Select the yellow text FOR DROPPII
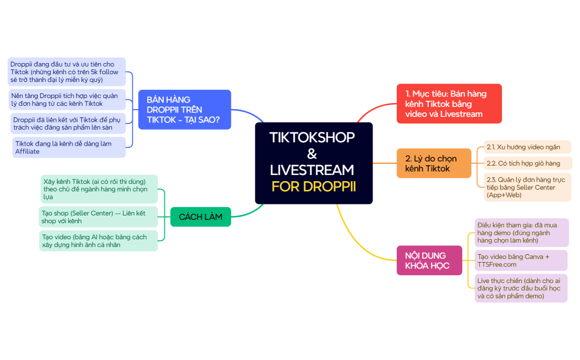pyautogui.click(x=313, y=187)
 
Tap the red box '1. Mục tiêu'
pyautogui.click(x=449, y=104)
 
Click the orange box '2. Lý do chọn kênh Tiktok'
pyautogui.click(x=433, y=163)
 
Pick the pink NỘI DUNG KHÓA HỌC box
pyautogui.click(x=429, y=260)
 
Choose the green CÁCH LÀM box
pyautogui.click(x=200, y=217)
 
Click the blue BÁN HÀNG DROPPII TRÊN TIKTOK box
pyautogui.click(x=184, y=110)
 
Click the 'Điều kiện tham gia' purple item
pyautogui.click(x=521, y=233)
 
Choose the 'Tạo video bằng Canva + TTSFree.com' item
pyautogui.click(x=521, y=260)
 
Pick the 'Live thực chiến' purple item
pyautogui.click(x=521, y=289)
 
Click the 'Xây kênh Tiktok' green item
pyautogui.click(x=99, y=189)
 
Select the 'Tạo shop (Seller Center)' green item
pyautogui.click(x=99, y=217)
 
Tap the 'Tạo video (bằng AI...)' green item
pyautogui.click(x=99, y=241)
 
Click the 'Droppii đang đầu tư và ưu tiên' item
pyautogui.click(x=67, y=72)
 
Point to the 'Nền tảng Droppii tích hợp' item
pyautogui.click(x=67, y=100)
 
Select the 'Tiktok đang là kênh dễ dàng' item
pyautogui.click(x=69, y=147)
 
